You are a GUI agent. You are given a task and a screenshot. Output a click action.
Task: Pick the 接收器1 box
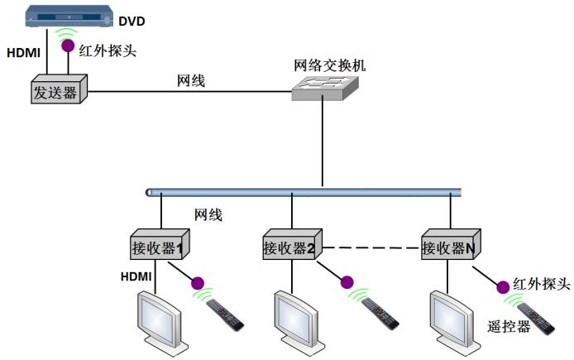click(158, 246)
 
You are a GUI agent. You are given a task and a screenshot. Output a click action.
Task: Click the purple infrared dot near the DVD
click(66, 47)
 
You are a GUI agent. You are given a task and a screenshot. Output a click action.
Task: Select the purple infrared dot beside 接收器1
click(198, 283)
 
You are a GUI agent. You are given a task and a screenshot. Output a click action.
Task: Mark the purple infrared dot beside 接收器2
click(347, 283)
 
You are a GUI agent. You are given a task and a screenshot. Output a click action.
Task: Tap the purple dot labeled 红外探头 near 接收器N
click(502, 288)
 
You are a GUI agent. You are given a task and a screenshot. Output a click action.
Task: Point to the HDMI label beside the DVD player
click(23, 52)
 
